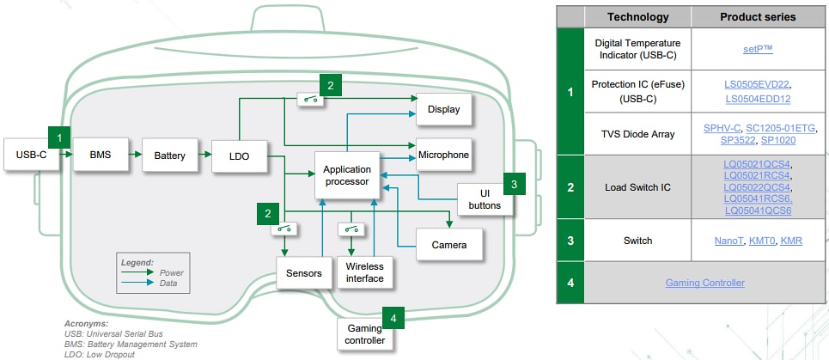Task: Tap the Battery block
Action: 169,156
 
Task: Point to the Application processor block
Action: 346,175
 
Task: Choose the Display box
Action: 443,109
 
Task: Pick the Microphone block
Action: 443,156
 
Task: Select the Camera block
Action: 448,245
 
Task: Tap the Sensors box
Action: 304,273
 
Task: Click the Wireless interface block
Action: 365,273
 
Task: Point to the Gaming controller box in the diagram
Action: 364,334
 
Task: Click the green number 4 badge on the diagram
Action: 393,318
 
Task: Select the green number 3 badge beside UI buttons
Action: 513,183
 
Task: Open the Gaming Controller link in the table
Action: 704,283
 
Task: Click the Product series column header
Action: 757,17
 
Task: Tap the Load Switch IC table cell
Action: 637,186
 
